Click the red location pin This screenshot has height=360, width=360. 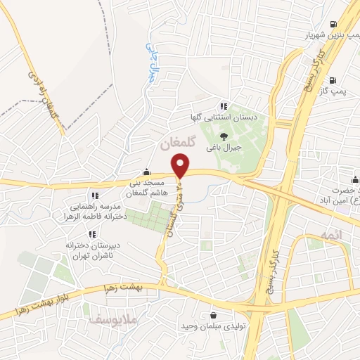coord(181,166)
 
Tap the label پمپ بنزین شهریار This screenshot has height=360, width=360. coord(329,34)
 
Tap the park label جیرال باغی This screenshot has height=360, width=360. coord(224,148)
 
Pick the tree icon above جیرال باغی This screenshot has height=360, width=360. coord(224,136)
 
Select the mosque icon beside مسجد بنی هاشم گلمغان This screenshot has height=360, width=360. coord(146,172)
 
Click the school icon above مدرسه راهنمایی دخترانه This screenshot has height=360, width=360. coord(94,195)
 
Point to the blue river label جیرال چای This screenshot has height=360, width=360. coord(150,63)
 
